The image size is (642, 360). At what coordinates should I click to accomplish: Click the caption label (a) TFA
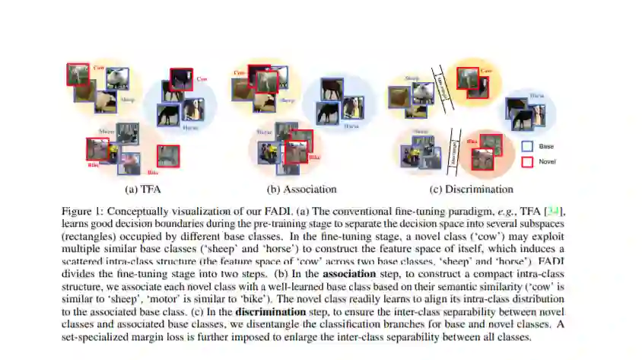[x=141, y=189]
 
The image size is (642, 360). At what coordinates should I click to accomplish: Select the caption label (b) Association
[x=301, y=189]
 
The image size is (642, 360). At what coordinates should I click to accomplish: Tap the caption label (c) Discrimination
[x=472, y=189]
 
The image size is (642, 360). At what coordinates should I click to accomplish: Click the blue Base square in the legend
[x=527, y=145]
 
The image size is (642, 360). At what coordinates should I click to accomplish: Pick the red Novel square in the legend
[x=527, y=161]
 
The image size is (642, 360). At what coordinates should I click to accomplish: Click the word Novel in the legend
[x=548, y=161]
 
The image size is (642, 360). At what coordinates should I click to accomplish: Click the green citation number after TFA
[x=558, y=209]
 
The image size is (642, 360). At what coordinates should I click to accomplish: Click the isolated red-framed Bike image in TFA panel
[x=167, y=156]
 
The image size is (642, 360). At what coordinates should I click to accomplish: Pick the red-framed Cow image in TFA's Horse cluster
[x=181, y=79]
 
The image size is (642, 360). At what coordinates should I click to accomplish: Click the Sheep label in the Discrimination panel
[x=412, y=77]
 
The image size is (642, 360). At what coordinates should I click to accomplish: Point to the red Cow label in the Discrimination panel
[x=487, y=70]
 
